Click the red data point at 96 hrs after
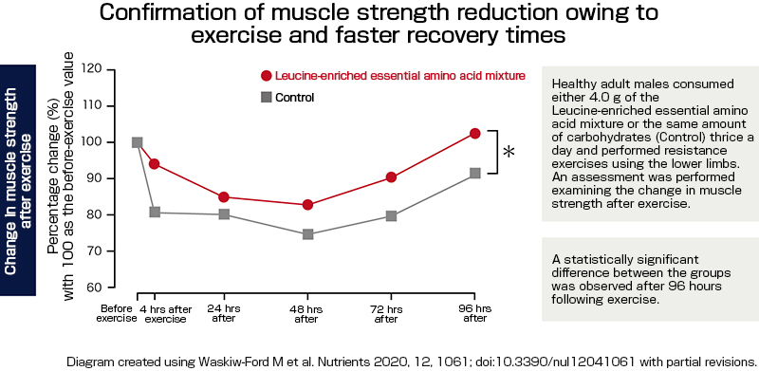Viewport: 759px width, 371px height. (x=475, y=134)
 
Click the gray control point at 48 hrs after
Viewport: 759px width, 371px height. (x=308, y=234)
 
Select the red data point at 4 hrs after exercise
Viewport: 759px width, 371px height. (x=154, y=164)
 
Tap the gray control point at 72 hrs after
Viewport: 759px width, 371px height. (x=391, y=216)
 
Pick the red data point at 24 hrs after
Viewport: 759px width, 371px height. (x=223, y=197)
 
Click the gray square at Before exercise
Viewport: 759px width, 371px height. (x=138, y=142)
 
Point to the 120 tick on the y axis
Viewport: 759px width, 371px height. (x=92, y=69)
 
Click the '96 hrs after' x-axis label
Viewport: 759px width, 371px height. (x=475, y=314)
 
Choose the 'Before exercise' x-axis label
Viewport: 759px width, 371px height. (x=118, y=314)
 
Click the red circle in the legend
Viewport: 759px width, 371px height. (x=267, y=76)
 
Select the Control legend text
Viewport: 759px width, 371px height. (x=294, y=98)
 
